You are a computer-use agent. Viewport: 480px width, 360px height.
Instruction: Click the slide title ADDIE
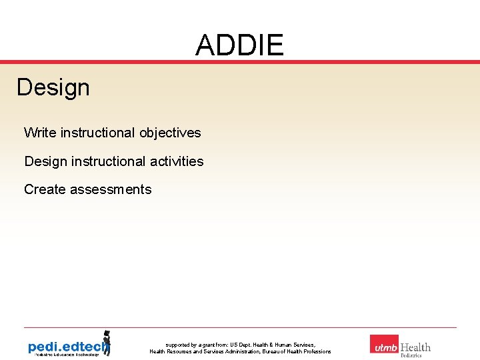(239, 45)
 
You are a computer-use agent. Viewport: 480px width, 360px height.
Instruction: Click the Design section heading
(53, 87)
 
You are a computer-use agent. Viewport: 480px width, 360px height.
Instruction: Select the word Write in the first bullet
(40, 133)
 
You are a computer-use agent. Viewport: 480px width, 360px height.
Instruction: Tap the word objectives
(170, 133)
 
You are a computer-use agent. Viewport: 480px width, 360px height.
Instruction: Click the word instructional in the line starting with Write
(97, 133)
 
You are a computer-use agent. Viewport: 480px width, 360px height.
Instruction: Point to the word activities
(177, 161)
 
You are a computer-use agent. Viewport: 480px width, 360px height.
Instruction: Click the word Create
(43, 189)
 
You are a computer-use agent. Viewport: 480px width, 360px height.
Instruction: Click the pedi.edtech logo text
(65, 347)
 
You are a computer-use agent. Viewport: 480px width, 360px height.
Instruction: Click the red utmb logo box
(384, 345)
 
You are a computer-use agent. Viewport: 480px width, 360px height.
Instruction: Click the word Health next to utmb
(415, 347)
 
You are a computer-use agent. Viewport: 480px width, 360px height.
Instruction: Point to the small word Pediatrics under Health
(411, 355)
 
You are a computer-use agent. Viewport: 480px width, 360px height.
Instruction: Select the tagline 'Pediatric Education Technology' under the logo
(63, 355)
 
